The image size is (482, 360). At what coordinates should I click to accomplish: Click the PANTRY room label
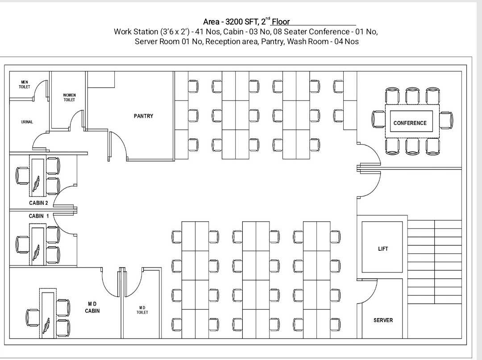point(143,116)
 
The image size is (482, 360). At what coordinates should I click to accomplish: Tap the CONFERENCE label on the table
point(410,123)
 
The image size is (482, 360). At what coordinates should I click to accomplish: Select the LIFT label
point(383,248)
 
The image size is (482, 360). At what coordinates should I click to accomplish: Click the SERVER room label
point(383,320)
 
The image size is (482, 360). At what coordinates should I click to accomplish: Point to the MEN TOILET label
point(25,84)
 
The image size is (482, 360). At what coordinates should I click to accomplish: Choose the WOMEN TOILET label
point(69,97)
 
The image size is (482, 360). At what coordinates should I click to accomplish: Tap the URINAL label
point(27,122)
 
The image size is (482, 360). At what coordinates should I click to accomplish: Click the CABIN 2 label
point(38,203)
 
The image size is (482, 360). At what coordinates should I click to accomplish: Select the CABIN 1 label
point(39,216)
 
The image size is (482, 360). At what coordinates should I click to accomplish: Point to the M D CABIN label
point(92,307)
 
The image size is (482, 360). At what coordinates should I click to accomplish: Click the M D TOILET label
point(142,310)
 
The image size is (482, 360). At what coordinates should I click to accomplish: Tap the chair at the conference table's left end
point(378,119)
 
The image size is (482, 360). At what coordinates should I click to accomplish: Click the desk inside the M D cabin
point(48,313)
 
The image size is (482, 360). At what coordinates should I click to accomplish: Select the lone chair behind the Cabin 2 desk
point(22,176)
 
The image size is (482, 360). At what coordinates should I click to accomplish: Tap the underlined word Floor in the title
point(281,22)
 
